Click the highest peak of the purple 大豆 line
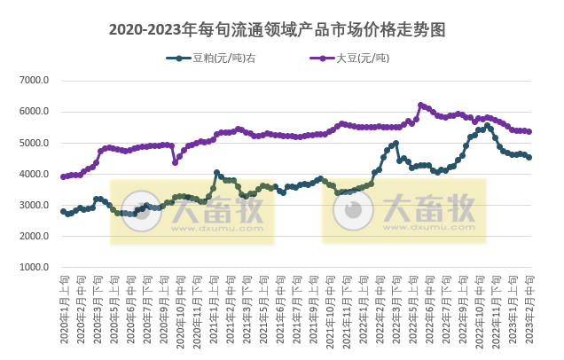pos(420,105)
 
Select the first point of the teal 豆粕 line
pos(63,211)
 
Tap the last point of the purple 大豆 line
pos(529,131)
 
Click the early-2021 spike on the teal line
pos(216,173)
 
